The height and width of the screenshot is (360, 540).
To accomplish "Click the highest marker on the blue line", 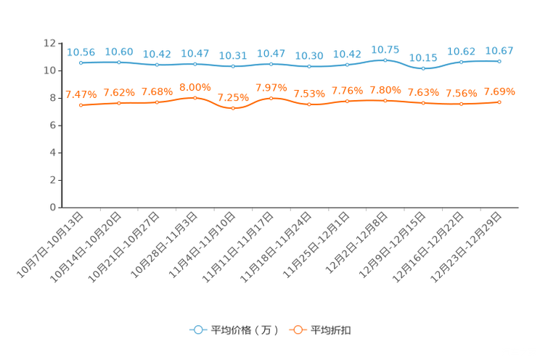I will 385,60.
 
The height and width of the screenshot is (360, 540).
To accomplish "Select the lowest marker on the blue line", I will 423,68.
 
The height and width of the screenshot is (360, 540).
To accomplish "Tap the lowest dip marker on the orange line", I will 233,108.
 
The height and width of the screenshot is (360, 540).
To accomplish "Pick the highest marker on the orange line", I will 195,97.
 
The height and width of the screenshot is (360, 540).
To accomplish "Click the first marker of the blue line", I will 81,62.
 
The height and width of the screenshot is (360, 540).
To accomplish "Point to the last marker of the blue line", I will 499,61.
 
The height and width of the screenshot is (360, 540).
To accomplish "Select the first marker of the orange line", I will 81,105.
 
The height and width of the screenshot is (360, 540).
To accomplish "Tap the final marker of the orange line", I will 499,102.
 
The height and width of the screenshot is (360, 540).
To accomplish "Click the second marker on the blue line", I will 118,62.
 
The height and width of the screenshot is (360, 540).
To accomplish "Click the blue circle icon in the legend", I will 197,330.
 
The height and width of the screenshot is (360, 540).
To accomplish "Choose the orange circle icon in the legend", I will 297,330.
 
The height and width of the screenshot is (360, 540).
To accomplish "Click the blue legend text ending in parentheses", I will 244,330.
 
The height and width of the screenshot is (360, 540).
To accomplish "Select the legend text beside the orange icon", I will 331,330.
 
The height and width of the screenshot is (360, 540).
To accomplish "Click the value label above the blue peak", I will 385,49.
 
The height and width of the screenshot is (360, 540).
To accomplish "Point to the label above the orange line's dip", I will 233,97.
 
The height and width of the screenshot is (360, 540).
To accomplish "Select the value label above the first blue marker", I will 81,52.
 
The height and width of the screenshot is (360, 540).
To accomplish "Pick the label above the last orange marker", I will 499,91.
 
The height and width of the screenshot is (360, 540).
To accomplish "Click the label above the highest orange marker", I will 195,87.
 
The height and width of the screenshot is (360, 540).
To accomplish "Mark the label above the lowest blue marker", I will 423,57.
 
